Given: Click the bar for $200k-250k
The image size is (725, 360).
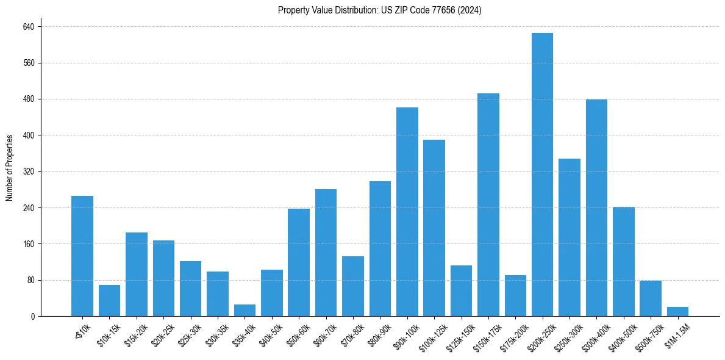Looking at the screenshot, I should tap(542, 175).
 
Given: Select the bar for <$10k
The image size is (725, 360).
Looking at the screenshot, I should tap(82, 256).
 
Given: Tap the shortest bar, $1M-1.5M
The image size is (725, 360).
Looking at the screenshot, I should tap(677, 312).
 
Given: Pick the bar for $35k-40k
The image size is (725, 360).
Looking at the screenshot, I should tap(245, 311).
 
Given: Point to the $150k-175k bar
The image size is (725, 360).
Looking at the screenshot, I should tap(488, 205).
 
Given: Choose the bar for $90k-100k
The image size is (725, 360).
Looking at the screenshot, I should tap(407, 212).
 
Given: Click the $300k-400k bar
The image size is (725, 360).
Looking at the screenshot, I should tap(596, 207).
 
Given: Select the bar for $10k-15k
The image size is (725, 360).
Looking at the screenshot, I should tap(109, 301).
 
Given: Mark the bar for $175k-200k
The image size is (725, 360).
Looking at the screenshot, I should tap(515, 296).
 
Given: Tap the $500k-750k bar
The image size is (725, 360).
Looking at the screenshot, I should tap(650, 298).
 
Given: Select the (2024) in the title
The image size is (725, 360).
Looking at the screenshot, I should tap(470, 10).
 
